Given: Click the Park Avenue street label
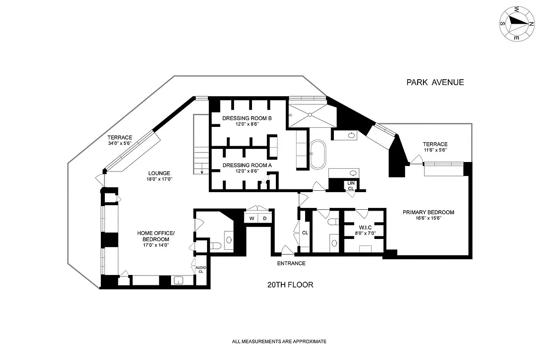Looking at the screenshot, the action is [x=435, y=82].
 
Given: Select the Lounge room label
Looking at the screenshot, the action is [x=159, y=173].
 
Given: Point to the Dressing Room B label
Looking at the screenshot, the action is [x=247, y=118].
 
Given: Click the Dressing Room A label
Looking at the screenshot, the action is [x=247, y=165].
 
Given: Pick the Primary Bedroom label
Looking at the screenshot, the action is [x=428, y=212].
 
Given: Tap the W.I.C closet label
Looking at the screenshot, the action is [x=365, y=227].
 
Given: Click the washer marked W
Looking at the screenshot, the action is [x=252, y=218].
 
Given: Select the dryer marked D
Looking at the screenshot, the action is [x=265, y=218].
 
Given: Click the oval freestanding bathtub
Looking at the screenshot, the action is [x=318, y=154].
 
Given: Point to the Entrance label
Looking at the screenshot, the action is [x=291, y=263].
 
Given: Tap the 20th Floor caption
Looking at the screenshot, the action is [x=290, y=285].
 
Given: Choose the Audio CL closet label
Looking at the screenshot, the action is [x=201, y=270].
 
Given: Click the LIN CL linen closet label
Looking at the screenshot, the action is [x=351, y=186].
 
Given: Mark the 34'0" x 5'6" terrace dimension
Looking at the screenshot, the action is [x=120, y=143].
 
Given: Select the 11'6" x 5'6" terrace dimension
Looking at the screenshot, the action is [x=436, y=150].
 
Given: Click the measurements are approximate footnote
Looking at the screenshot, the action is [x=279, y=342].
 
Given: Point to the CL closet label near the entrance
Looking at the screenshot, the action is [x=305, y=233].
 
